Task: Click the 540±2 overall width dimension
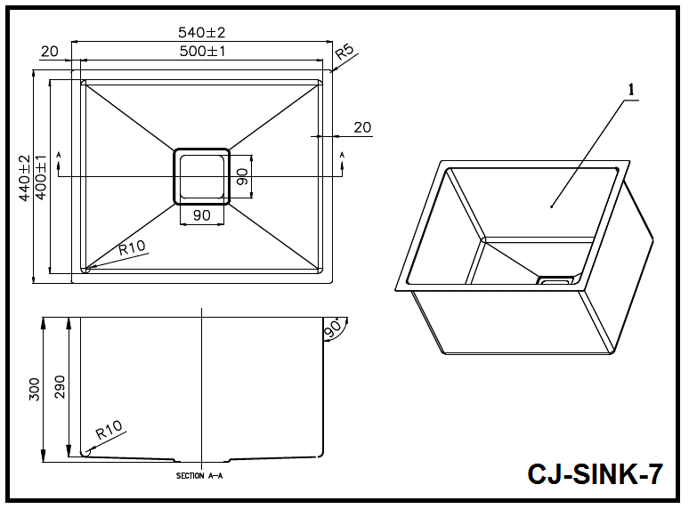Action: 201,32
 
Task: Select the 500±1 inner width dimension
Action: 201,52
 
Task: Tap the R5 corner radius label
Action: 344,52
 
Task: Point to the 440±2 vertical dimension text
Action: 24,178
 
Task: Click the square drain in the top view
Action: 200,176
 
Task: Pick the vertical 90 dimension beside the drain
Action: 240,176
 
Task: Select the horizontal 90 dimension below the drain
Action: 201,215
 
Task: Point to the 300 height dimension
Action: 35,390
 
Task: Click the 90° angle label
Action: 334,328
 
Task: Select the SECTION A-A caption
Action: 199,476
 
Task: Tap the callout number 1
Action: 630,89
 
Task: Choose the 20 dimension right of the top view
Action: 362,127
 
